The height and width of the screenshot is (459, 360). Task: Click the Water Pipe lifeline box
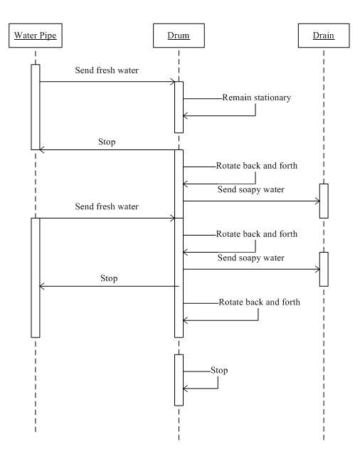tap(36, 36)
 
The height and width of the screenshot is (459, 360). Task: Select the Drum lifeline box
tap(179, 36)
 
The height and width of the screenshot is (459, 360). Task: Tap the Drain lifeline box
tap(324, 36)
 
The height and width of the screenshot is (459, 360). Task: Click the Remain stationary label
tap(257, 97)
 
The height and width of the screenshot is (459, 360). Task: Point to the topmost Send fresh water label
tap(107, 70)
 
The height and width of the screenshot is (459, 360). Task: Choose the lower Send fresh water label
tap(107, 206)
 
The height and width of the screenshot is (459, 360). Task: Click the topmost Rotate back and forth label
tap(257, 166)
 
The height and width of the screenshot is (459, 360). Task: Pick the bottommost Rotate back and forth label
tap(259, 302)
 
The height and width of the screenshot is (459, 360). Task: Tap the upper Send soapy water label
tap(251, 190)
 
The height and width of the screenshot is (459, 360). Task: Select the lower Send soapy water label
tap(251, 258)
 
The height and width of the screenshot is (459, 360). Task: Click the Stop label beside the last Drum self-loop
tap(219, 371)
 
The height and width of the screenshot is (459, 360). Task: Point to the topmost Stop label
tap(107, 142)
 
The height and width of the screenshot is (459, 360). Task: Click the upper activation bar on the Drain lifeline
tap(324, 201)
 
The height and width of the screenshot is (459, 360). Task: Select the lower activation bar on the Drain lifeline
tap(324, 269)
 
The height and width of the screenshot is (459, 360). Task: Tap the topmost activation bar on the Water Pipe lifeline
tap(36, 107)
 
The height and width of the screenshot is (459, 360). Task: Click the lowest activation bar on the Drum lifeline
tap(179, 380)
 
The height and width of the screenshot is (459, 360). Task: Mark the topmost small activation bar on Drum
tap(179, 107)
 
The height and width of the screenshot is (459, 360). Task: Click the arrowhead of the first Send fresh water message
tap(173, 82)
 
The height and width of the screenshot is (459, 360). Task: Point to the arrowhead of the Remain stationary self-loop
tap(185, 116)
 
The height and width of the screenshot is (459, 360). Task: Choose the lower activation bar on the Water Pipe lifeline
tap(36, 278)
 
